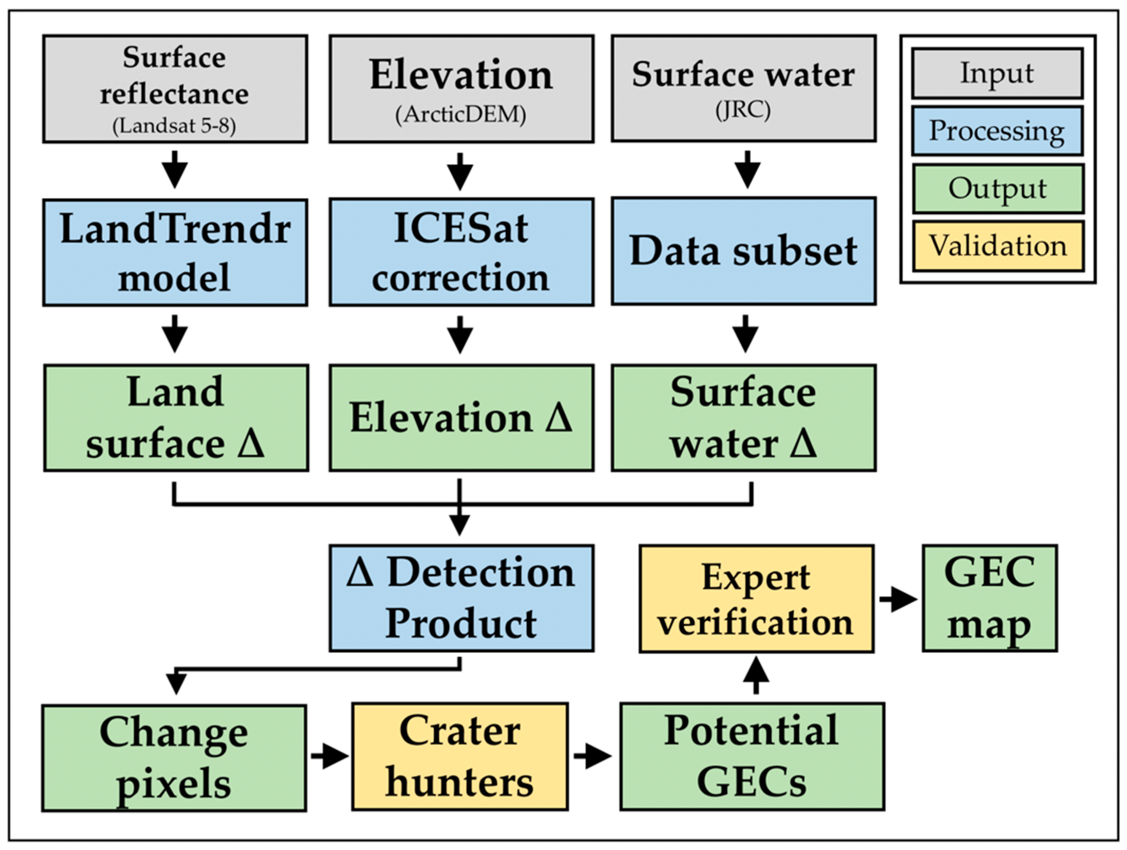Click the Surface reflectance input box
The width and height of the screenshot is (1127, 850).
pos(175,89)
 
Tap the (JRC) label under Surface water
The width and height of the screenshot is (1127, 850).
pos(743,111)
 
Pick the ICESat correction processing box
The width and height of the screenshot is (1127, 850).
pos(461,252)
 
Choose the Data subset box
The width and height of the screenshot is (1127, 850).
pos(743,251)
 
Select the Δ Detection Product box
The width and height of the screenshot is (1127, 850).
pos(461,598)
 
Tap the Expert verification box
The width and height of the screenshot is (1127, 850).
pos(756,599)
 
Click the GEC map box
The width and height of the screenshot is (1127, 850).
pos(989,598)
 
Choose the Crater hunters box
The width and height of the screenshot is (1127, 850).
pos(459,757)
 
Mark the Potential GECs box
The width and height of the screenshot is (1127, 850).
pos(752,757)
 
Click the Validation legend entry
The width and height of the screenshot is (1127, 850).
pos(998,246)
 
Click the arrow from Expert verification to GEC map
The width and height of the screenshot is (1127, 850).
pos(898,599)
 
